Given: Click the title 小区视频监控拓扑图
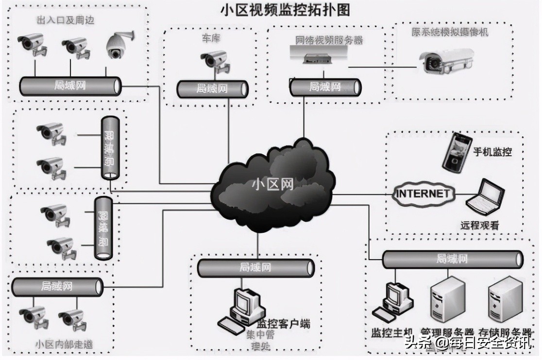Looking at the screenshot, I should point(285,9).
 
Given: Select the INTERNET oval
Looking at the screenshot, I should point(423,193).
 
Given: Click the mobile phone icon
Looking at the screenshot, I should point(457,151).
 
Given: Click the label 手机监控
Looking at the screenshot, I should point(492,152).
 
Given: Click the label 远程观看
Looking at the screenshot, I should point(479,226).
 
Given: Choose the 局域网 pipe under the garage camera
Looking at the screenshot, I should point(212,88).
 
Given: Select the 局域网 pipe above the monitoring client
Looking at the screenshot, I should point(255,267).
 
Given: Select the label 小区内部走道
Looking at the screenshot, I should point(64,344).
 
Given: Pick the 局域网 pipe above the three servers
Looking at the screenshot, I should point(452,259).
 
